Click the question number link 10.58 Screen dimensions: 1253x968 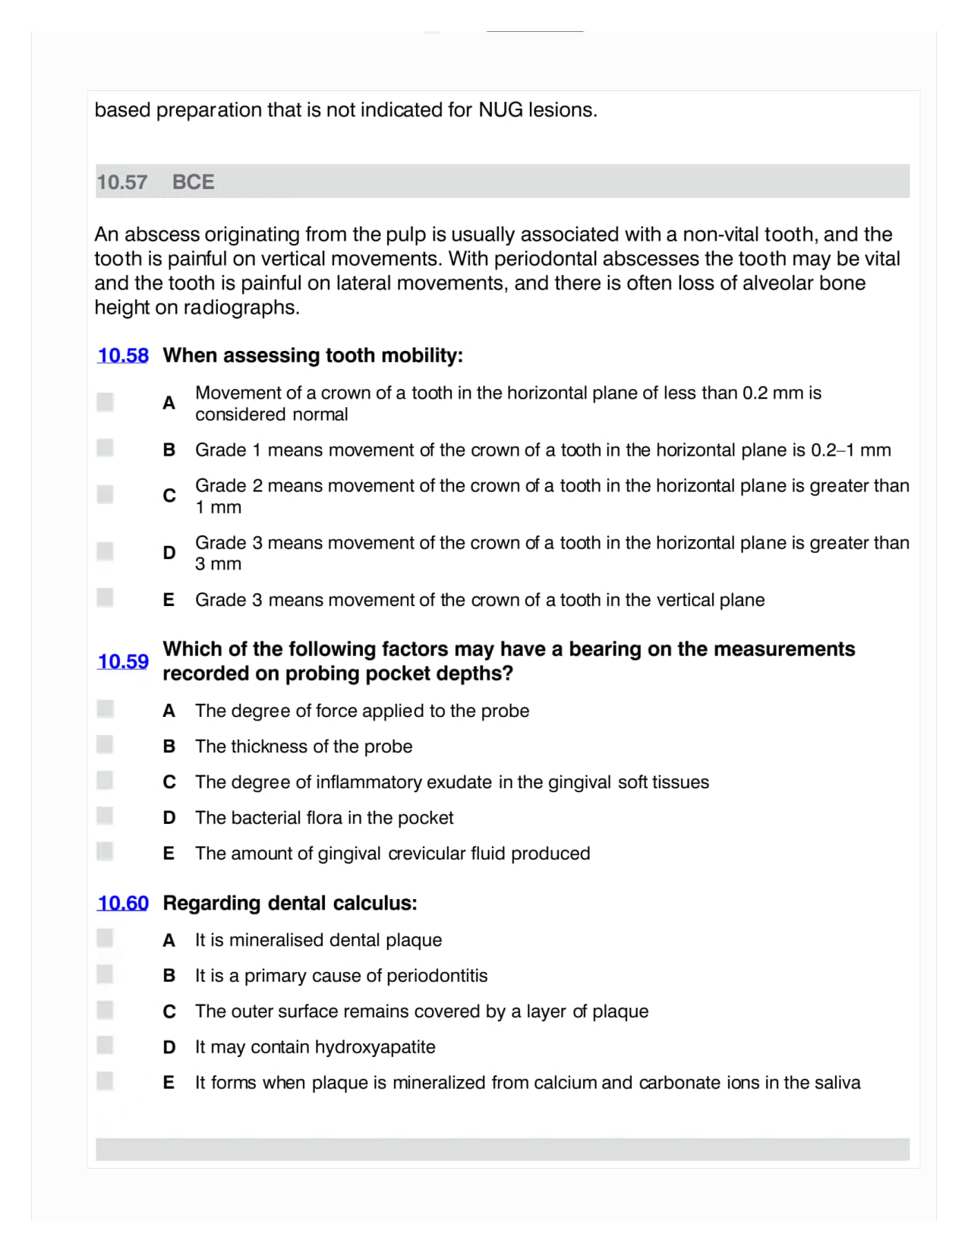[123, 355]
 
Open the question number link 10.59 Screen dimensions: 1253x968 [123, 661]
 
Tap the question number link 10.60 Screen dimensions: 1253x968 [123, 903]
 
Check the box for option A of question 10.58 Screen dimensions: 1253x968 [106, 402]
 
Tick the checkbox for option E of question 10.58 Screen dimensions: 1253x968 [106, 598]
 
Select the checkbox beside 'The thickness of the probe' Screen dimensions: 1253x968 [106, 744]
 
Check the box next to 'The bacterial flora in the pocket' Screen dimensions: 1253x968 [106, 816]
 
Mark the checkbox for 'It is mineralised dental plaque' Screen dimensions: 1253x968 [106, 939]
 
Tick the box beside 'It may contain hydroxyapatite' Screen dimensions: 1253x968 [106, 1045]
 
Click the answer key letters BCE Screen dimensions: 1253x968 [193, 182]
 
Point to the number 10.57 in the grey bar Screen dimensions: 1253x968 [121, 182]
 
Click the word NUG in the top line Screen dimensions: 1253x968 [500, 110]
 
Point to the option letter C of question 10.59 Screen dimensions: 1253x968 [169, 782]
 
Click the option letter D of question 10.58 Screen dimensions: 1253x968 [169, 553]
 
